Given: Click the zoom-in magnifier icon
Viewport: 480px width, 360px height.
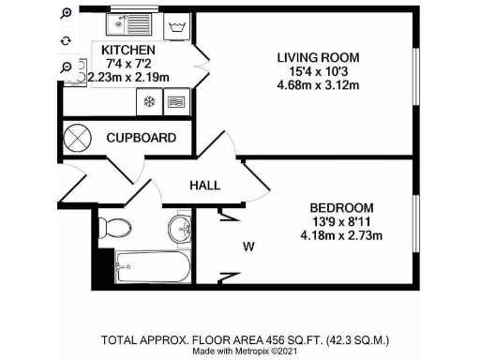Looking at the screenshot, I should (66, 14).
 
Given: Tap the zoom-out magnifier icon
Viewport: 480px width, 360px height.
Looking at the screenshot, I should (66, 67).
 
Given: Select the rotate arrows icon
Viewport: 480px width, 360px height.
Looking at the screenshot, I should (66, 41).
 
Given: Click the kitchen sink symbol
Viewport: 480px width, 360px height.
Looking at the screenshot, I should (130, 21).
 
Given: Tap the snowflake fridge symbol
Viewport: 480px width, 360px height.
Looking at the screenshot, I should (147, 101).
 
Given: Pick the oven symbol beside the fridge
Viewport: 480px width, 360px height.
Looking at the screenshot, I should (175, 101).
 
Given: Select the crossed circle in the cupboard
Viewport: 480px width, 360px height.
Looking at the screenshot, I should (76, 138).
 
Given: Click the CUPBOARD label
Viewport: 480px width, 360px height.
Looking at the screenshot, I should (141, 138).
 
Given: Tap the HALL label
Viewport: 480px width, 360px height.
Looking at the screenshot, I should (204, 186).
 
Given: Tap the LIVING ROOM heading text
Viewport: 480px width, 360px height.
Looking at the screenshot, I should (318, 58).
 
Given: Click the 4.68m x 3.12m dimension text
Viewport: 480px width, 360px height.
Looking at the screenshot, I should (318, 86).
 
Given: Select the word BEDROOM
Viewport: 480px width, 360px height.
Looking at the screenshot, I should (341, 207).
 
